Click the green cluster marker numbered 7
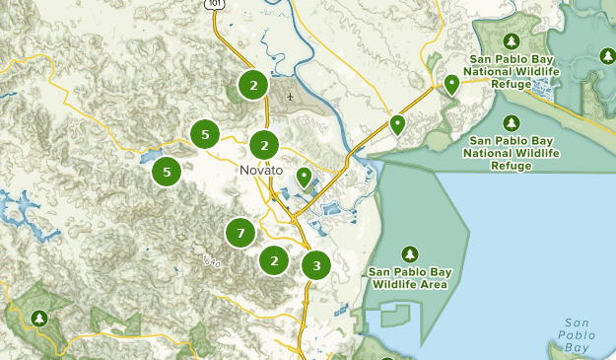(x=240, y=234)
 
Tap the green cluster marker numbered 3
(x=316, y=265)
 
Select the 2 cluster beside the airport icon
(x=253, y=85)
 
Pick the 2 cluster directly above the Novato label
(x=263, y=146)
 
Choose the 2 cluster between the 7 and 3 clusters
(x=273, y=260)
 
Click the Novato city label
(x=261, y=171)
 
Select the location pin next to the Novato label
(x=304, y=178)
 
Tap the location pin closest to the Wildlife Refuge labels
(x=451, y=85)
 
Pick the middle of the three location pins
(x=397, y=124)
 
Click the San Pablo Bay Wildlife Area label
(x=409, y=277)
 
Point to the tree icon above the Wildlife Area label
(x=409, y=252)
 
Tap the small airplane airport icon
(x=290, y=97)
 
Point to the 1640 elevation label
(x=210, y=261)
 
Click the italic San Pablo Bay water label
(x=577, y=335)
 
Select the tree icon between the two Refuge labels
(x=511, y=123)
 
